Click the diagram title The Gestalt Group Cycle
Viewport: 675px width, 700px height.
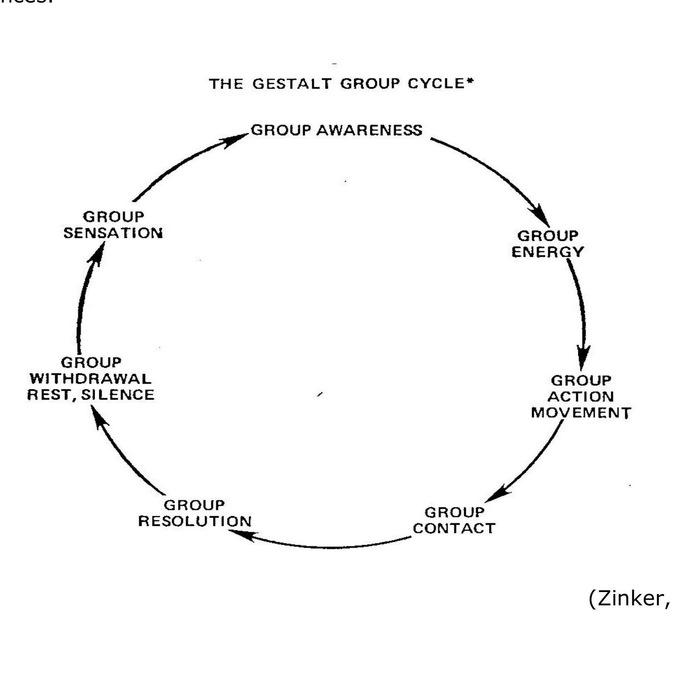pos(341,84)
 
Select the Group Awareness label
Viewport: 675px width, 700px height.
pos(337,130)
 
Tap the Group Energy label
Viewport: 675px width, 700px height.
pos(548,244)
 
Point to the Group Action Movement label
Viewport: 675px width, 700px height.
pos(581,397)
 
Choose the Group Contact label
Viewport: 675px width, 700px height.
pos(454,520)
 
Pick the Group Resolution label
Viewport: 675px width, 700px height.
pos(195,513)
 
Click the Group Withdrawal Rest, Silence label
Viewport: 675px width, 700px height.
pos(91,378)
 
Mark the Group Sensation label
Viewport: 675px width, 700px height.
pos(113,225)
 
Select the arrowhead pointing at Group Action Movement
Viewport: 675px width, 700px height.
pos(583,357)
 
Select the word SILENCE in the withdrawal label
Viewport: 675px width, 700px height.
pos(118,394)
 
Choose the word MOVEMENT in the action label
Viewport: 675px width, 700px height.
pos(581,413)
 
